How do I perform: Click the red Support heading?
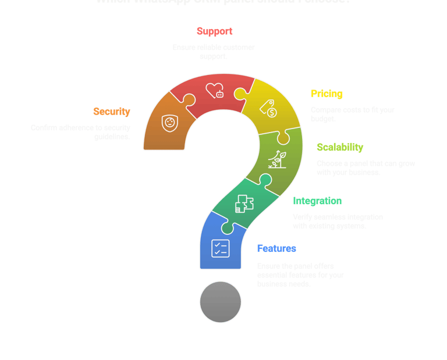[x=214, y=31]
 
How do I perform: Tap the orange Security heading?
[x=112, y=112]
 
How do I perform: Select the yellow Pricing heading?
[x=327, y=94]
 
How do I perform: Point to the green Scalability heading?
[x=340, y=148]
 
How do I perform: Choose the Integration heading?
[x=317, y=201]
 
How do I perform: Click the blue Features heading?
[x=276, y=249]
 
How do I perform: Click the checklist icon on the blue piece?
[x=221, y=248]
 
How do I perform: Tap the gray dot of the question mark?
[x=220, y=302]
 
